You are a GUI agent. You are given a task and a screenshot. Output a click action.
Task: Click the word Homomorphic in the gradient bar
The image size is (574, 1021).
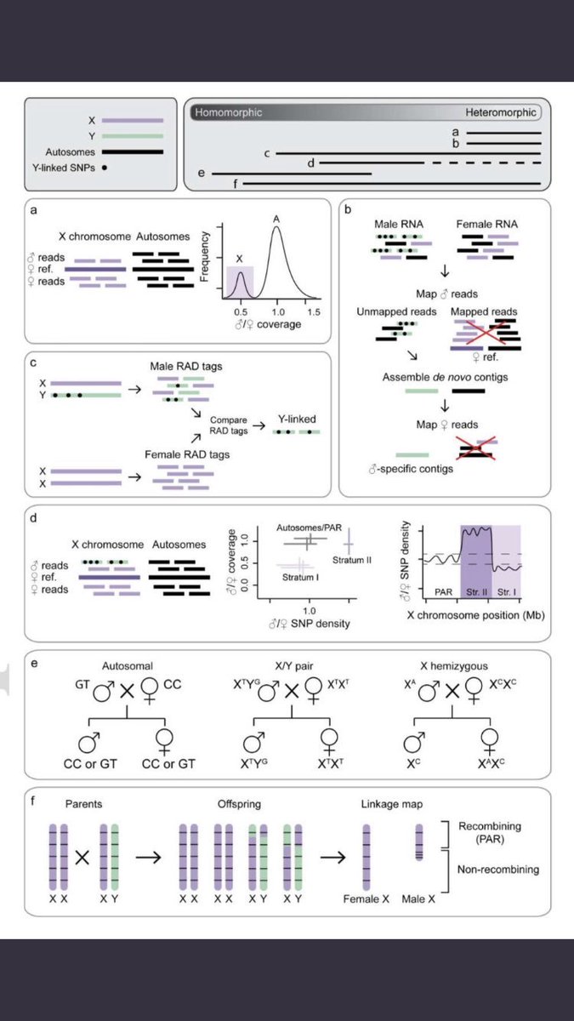[x=228, y=112]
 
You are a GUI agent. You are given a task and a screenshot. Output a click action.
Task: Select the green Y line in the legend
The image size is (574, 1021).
[x=132, y=136]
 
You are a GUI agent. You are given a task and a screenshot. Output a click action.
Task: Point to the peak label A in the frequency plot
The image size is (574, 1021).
[x=277, y=219]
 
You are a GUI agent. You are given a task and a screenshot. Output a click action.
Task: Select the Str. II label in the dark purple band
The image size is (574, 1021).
[x=476, y=588]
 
